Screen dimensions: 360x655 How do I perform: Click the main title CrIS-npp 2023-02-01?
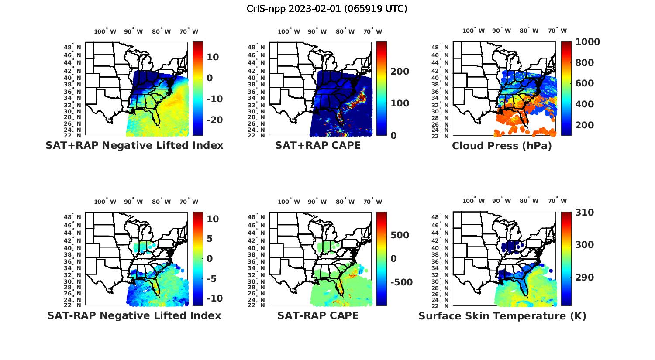tap(327, 9)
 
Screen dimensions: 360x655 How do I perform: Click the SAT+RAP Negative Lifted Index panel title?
tap(134, 145)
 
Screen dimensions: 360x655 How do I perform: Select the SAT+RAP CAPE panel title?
tap(318, 145)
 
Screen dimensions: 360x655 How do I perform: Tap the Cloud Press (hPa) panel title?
tap(502, 146)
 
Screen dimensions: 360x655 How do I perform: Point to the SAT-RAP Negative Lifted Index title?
tap(134, 315)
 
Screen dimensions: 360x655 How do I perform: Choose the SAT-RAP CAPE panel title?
tap(318, 315)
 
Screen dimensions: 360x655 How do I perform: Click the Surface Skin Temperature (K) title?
tap(502, 316)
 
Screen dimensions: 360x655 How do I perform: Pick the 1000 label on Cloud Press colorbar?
tap(587, 42)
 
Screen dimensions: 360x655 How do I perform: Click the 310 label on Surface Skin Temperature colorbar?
tap(584, 213)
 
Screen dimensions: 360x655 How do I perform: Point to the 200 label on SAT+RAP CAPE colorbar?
tap(400, 72)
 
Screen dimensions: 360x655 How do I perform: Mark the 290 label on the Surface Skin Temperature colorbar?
tap(584, 278)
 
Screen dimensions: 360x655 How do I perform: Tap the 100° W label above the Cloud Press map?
tap(473, 31)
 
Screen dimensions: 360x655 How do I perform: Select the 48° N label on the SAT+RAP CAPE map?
tap(256, 48)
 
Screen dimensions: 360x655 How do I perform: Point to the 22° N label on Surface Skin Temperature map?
tap(441, 305)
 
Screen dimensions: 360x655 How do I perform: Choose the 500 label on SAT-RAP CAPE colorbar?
tap(400, 235)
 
